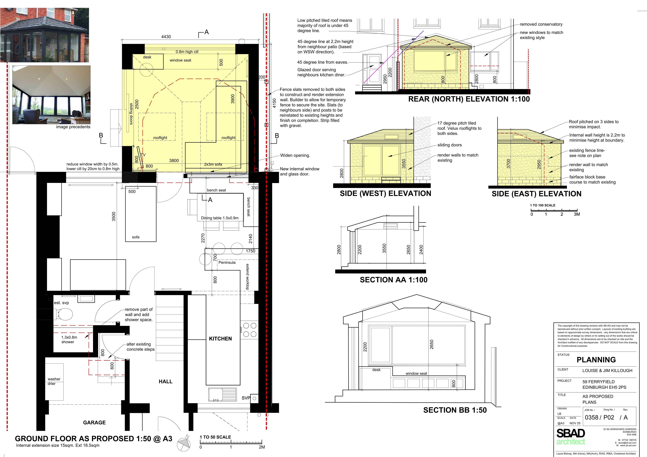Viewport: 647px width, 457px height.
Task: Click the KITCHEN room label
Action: pyautogui.click(x=220, y=339)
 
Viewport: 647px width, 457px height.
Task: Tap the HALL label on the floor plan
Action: pyautogui.click(x=165, y=382)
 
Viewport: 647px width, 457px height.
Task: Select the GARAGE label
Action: pyautogui.click(x=94, y=422)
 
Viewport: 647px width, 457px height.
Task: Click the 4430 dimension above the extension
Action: pyautogui.click(x=166, y=37)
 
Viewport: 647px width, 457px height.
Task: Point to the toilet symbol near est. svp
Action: pyautogui.click(x=65, y=314)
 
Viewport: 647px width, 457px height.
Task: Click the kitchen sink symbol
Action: pyautogui.click(x=223, y=395)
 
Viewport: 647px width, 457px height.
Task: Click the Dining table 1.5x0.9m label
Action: pyautogui.click(x=220, y=218)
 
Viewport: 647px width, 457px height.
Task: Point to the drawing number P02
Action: pyautogui.click(x=609, y=417)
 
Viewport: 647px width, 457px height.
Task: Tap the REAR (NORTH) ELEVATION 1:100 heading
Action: pyautogui.click(x=469, y=99)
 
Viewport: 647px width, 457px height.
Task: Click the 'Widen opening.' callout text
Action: pyautogui.click(x=295, y=155)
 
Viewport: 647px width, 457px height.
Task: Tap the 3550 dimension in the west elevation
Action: pyautogui.click(x=404, y=164)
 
